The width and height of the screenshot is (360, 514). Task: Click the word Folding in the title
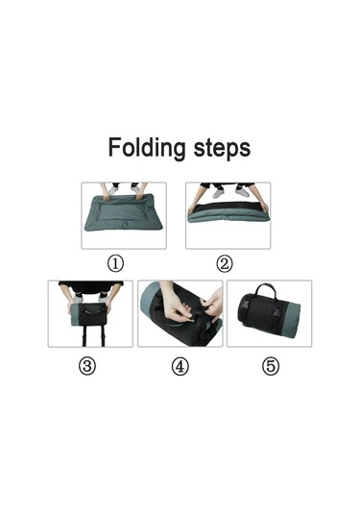click(147, 148)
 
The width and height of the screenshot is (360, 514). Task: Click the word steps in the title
click(222, 148)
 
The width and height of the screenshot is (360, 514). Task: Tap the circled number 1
click(115, 263)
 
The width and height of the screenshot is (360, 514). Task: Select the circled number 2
click(225, 263)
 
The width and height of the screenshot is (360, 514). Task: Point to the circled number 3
click(87, 366)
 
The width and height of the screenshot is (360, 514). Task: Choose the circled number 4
click(180, 366)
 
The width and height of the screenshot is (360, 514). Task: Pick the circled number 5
click(271, 366)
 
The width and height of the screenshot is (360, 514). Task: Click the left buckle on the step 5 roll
click(244, 307)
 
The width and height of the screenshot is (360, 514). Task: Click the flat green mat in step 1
click(123, 213)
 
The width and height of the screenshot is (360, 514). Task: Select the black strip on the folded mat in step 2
click(229, 208)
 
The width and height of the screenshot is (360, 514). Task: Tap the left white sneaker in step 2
click(218, 194)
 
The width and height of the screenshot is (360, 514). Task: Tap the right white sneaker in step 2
click(242, 192)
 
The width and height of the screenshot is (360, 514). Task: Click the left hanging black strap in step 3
click(84, 336)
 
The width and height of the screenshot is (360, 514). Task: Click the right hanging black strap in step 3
click(103, 336)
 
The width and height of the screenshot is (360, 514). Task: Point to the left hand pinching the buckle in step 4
click(177, 306)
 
